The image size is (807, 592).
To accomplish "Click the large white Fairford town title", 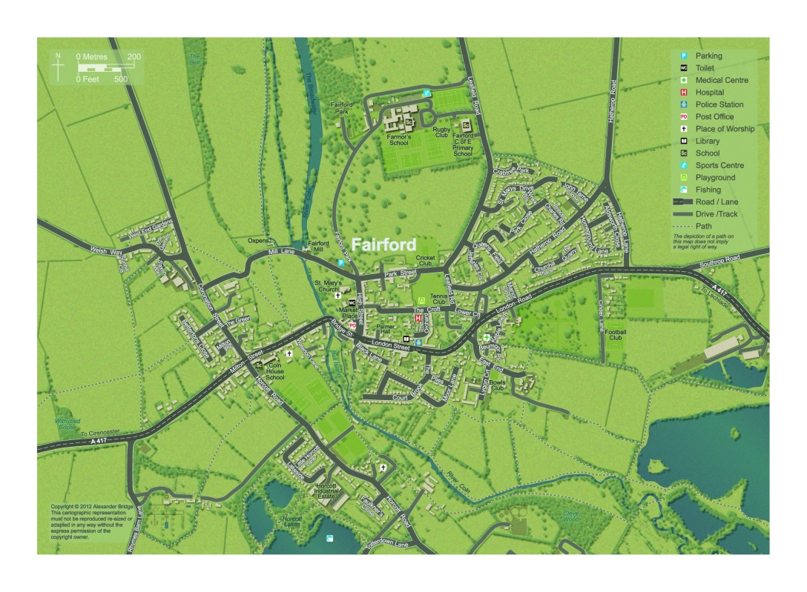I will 383,245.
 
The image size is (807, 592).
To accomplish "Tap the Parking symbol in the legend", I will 685,56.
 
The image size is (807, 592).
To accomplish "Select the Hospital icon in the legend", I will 685,93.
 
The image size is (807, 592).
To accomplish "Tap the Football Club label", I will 616,334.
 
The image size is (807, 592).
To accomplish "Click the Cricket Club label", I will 425,261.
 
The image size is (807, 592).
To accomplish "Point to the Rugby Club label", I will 442,133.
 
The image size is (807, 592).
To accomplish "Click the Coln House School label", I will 274,370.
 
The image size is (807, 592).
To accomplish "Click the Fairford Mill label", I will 318,247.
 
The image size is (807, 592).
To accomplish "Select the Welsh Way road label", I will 106,252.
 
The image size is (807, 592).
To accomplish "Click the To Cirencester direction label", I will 99,433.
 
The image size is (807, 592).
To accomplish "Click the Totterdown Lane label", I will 385,545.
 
